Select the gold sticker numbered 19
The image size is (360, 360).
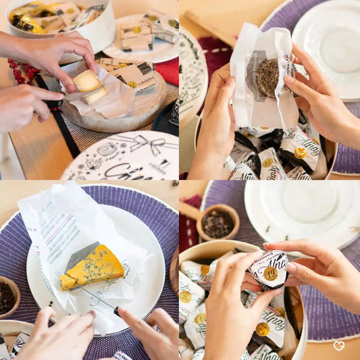pyautogui.click(x=270, y=274)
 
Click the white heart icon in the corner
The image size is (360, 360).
pyautogui.click(x=338, y=346)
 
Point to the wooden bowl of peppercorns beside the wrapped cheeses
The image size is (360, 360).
pyautogui.click(x=217, y=223)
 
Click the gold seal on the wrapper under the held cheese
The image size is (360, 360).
pyautogui.click(x=300, y=153)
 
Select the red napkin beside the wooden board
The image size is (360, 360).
pyautogui.click(x=169, y=70)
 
